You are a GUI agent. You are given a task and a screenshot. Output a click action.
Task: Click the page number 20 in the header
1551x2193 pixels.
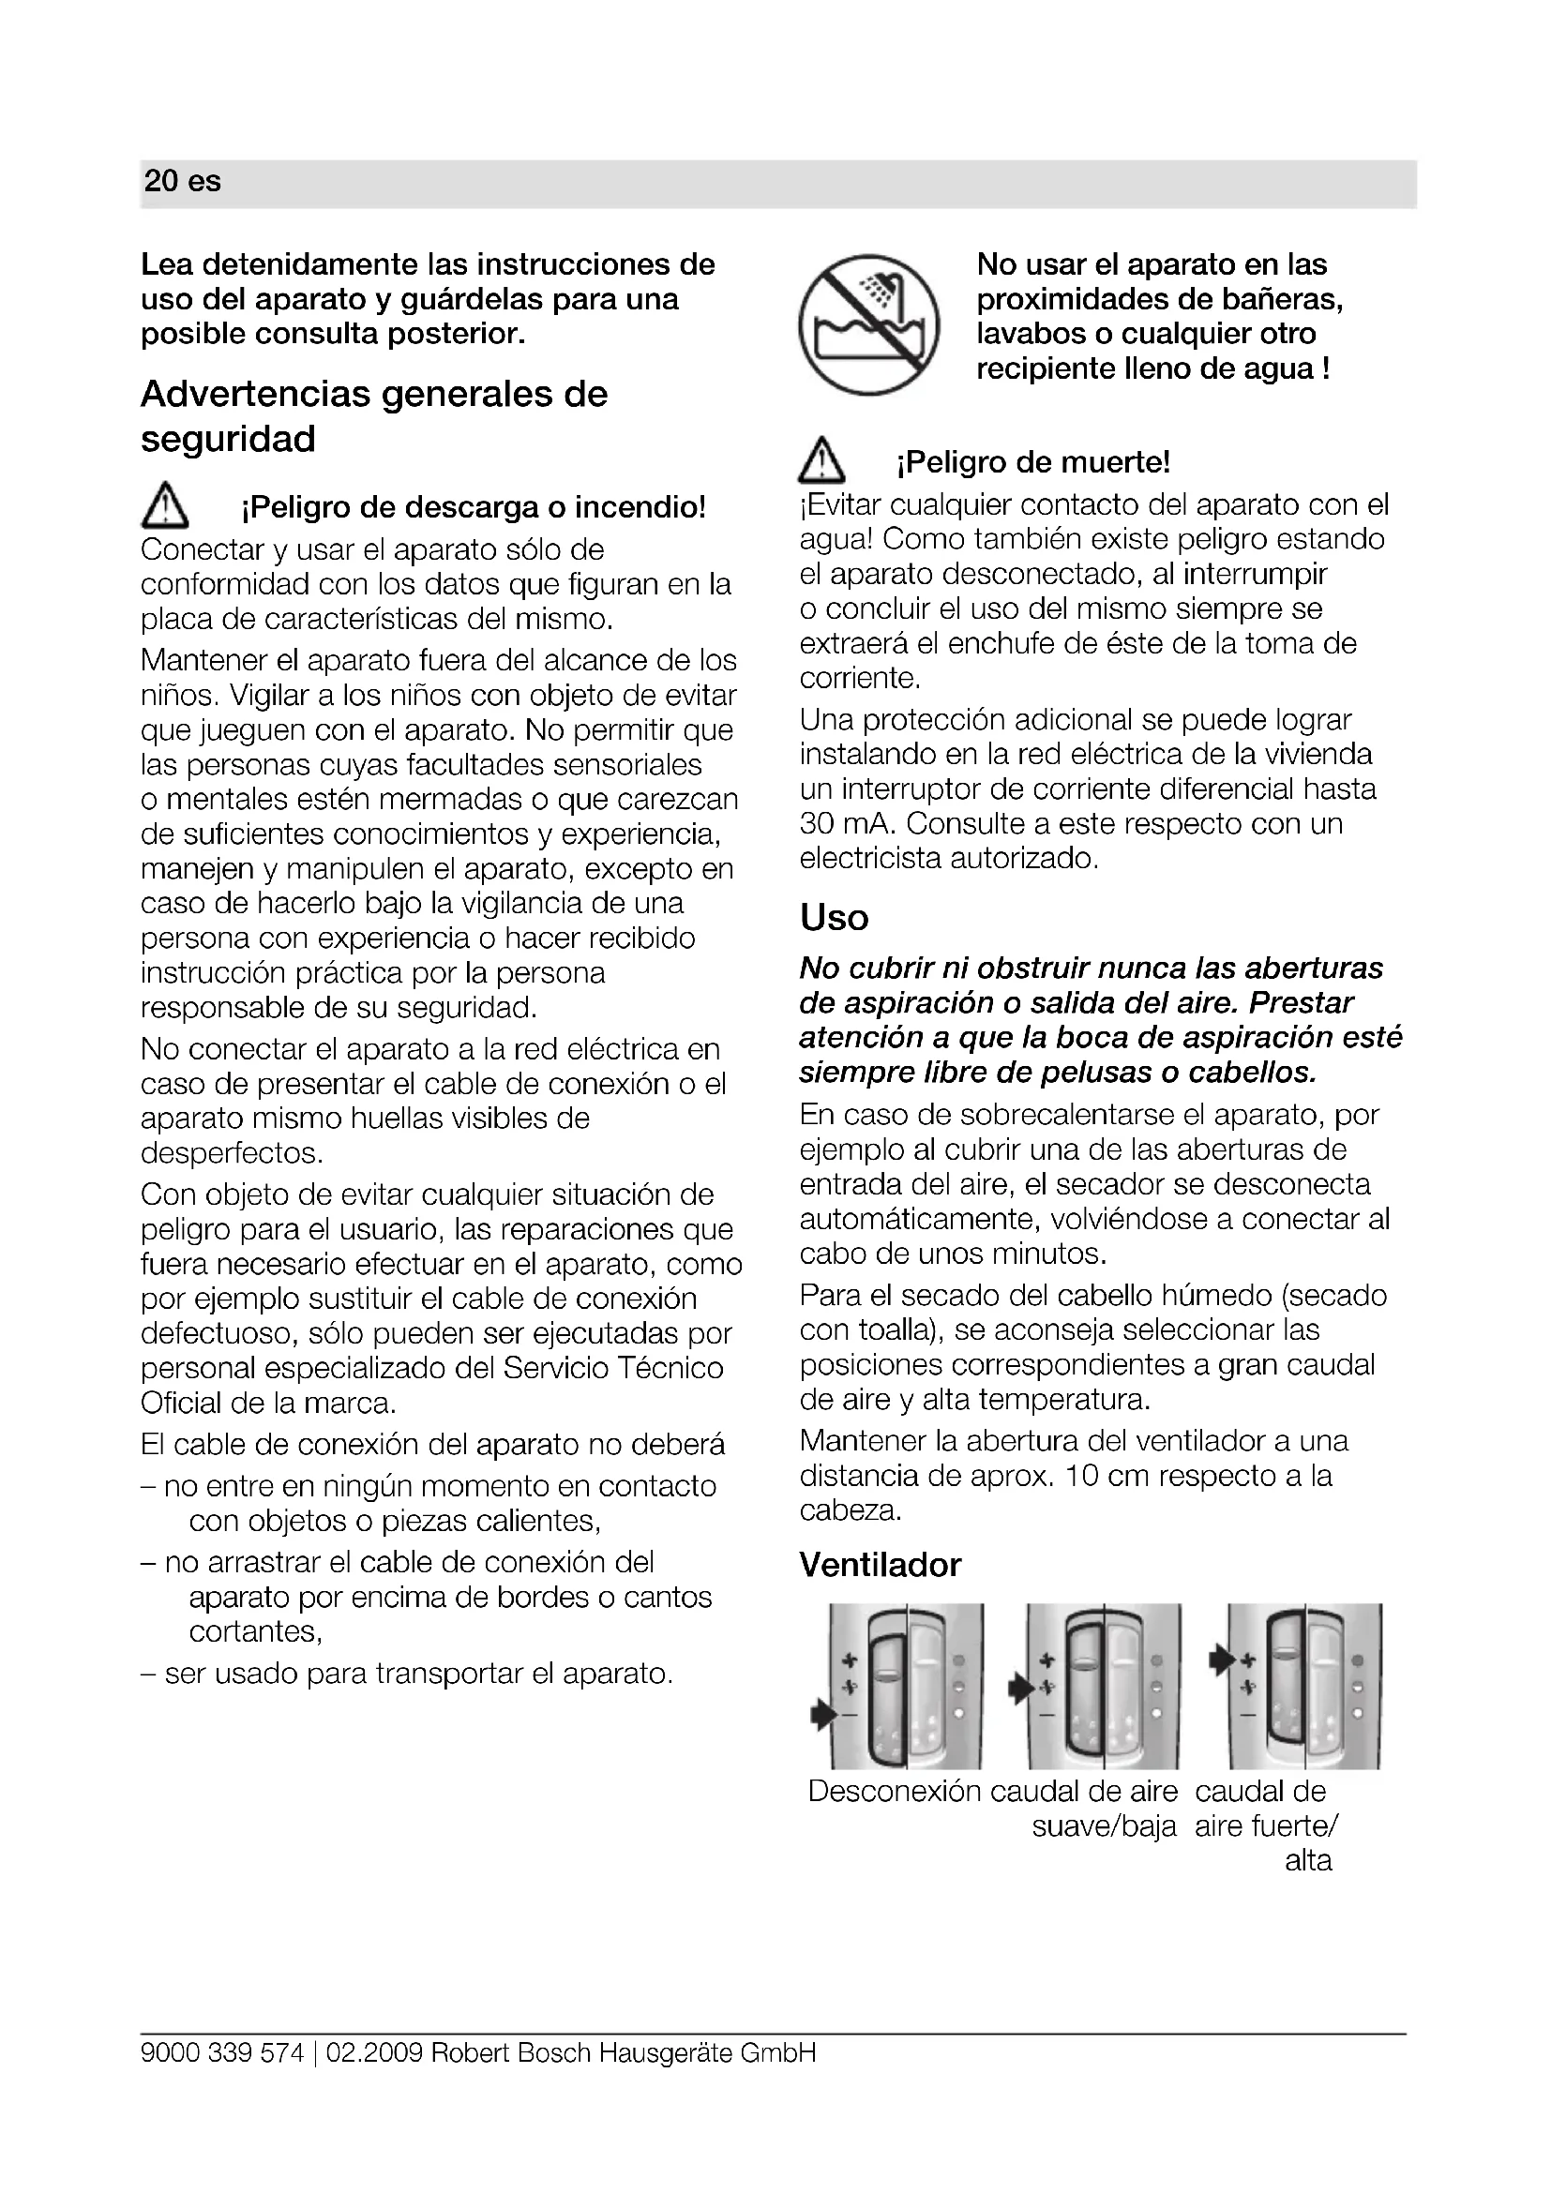(x=160, y=182)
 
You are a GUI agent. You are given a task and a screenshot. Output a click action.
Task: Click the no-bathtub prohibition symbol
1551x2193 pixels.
(x=868, y=324)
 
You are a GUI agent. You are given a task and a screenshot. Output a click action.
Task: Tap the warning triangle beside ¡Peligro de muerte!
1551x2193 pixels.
(x=821, y=464)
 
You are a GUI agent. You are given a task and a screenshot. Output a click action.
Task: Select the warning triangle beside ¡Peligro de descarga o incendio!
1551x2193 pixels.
(x=164, y=506)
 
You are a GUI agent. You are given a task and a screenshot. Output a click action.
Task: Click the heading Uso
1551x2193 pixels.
(x=834, y=918)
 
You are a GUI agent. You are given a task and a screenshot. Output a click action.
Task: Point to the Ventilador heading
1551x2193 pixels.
(x=880, y=1565)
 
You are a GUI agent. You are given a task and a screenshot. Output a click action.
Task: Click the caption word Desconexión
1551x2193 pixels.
(x=894, y=1791)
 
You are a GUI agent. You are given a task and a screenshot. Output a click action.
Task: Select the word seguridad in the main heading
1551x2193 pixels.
(x=227, y=440)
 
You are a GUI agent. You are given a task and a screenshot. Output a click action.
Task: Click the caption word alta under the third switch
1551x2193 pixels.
(x=1307, y=1860)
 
